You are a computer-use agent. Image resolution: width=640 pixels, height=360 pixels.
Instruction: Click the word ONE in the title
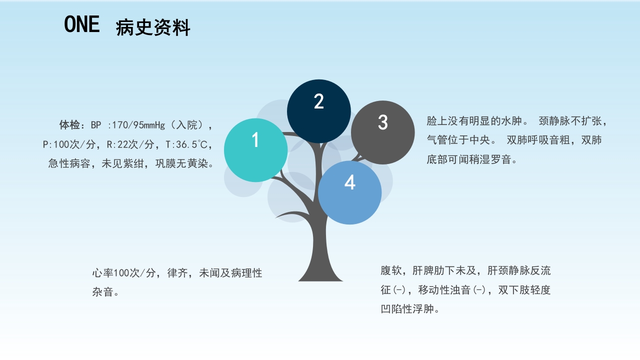[82, 24]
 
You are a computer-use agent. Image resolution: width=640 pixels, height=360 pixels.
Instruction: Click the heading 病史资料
[153, 28]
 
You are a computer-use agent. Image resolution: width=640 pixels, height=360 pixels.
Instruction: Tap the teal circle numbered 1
[255, 150]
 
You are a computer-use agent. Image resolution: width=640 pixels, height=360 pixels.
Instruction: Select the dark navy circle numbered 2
[319, 111]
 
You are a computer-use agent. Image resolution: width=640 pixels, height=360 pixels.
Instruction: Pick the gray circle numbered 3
[383, 132]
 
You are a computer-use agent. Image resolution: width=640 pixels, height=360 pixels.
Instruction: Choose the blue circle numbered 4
[350, 192]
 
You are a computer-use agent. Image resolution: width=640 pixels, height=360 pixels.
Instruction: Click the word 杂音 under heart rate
[102, 292]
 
